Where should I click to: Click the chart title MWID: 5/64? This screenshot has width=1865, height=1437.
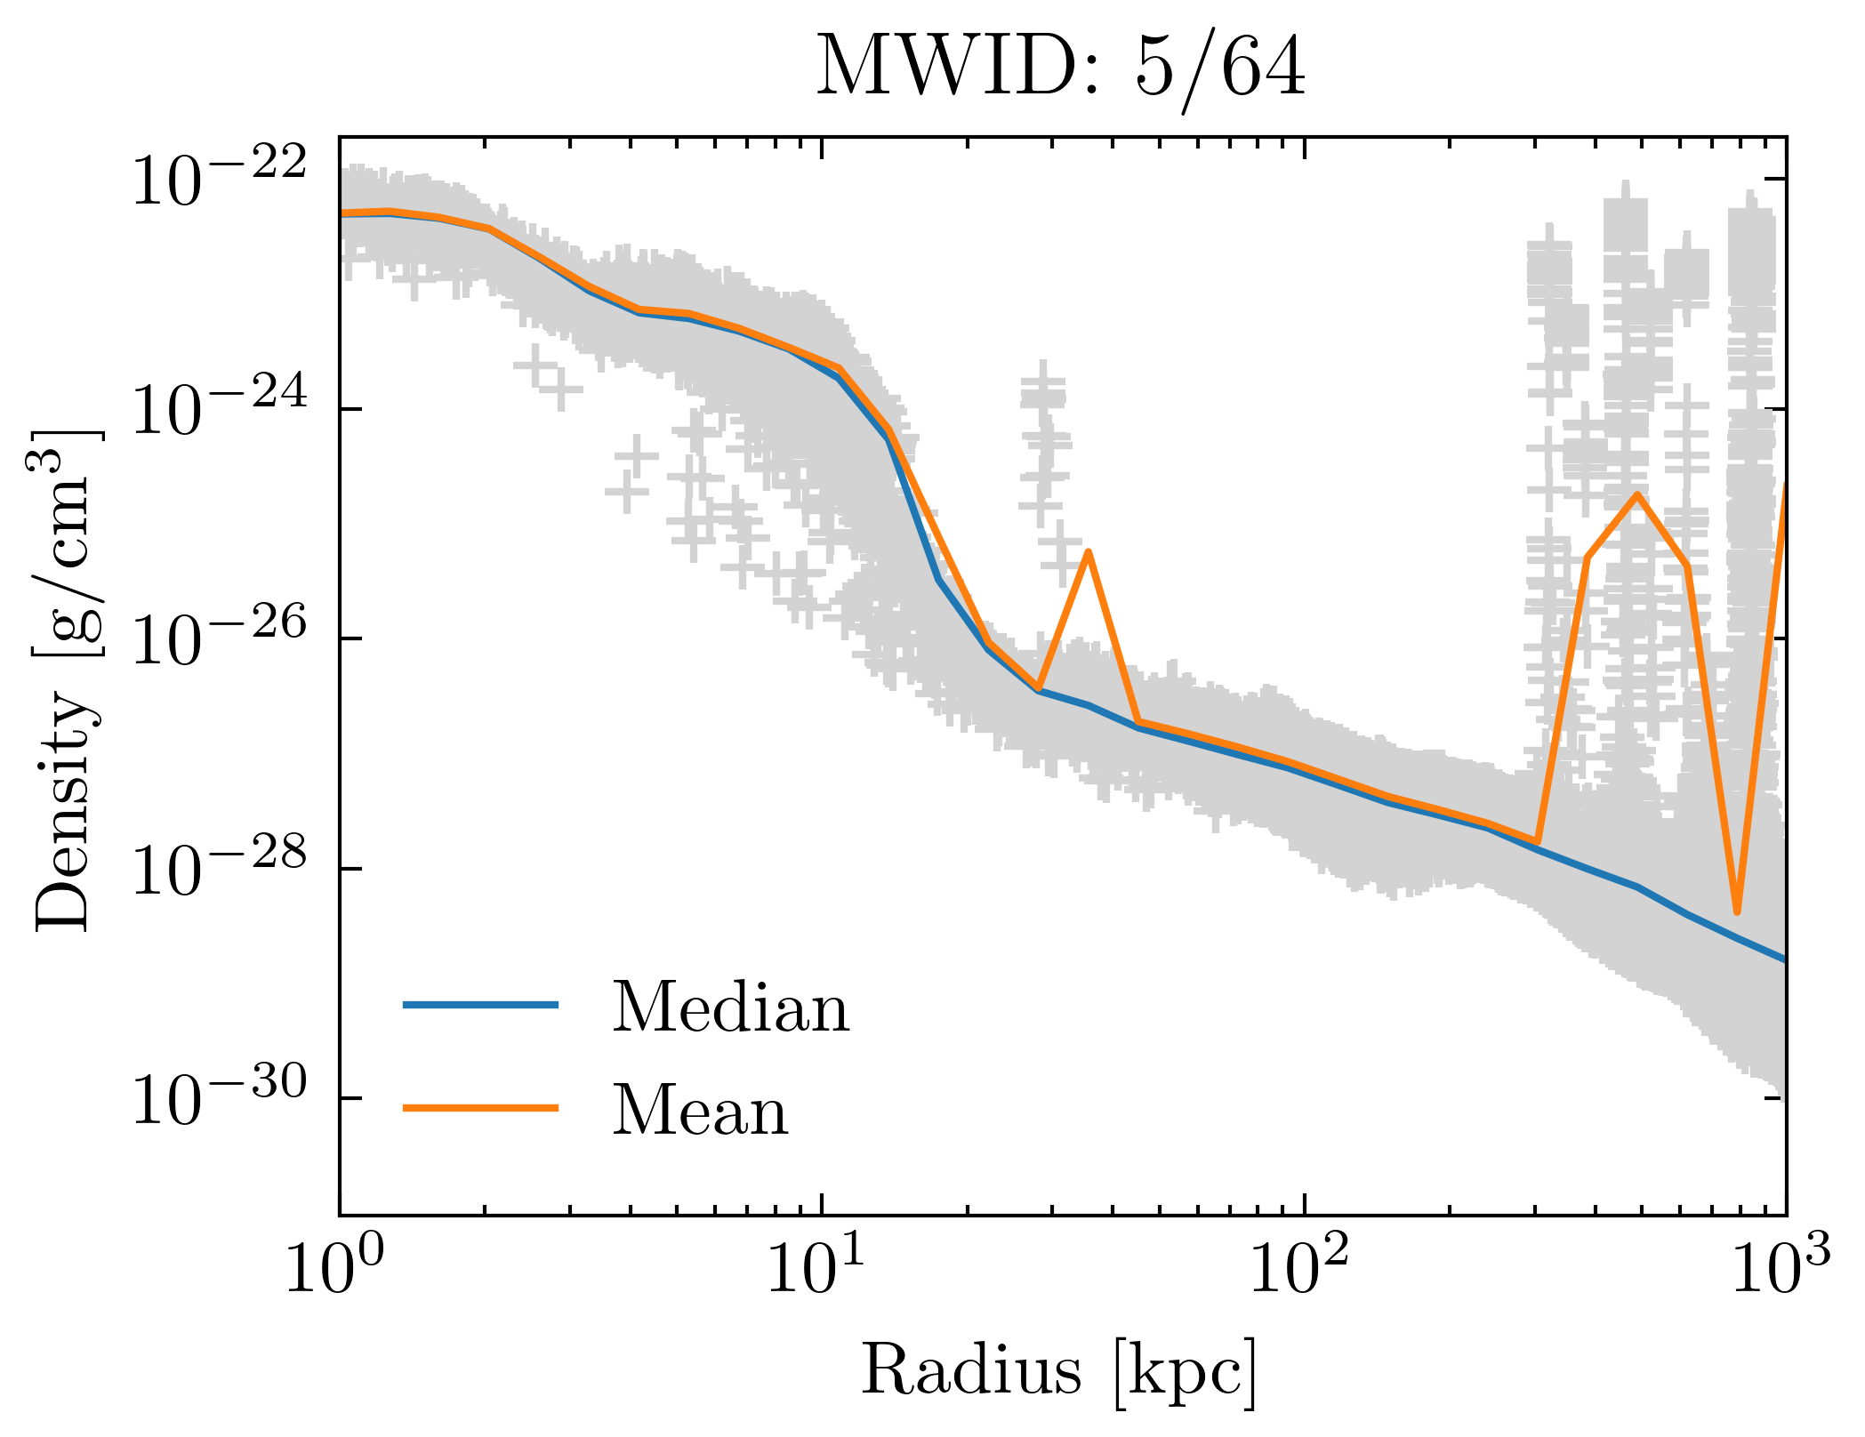tap(1061, 68)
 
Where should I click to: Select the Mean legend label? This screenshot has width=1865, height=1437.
tap(700, 1111)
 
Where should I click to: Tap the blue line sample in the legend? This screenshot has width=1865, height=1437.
tap(480, 1005)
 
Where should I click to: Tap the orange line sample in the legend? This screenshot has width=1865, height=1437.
tap(480, 1108)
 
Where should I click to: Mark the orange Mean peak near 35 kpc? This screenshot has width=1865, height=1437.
tap(1088, 552)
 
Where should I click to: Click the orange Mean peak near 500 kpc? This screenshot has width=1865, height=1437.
tap(1636, 494)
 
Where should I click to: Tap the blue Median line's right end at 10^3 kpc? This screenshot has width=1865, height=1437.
tap(1783, 959)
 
